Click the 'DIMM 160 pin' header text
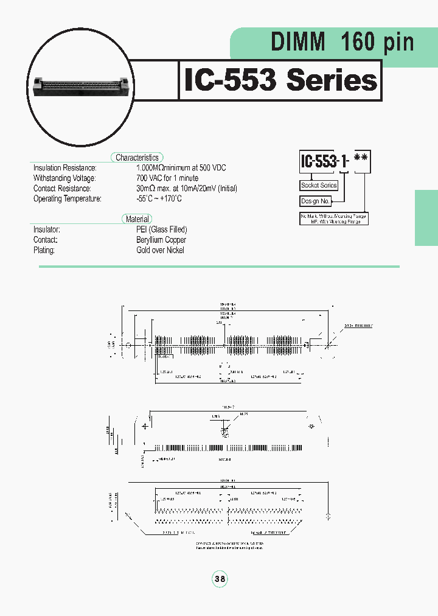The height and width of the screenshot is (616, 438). (342, 43)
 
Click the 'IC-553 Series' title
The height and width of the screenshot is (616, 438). (280, 80)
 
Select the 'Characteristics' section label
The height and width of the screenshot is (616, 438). (137, 158)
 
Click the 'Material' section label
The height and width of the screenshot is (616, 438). (137, 219)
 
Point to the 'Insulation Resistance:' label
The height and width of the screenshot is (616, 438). (65, 168)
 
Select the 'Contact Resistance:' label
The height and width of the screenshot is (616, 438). (62, 189)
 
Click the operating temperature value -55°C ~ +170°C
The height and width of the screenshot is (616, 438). (159, 199)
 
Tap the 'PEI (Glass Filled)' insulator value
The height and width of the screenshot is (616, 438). (161, 229)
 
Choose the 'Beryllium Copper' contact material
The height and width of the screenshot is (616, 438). (161, 240)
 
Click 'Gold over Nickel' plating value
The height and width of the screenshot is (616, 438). (160, 250)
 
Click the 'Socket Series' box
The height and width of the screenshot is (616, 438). (319, 186)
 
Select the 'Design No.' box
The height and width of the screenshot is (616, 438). (315, 201)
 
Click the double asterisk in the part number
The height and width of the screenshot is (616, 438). (361, 162)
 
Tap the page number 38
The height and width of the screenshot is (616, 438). (220, 579)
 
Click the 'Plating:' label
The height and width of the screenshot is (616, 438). (44, 250)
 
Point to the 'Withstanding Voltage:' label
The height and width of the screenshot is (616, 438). (64, 178)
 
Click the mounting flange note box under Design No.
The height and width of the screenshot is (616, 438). (333, 219)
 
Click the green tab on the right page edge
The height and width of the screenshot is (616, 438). (426, 217)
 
